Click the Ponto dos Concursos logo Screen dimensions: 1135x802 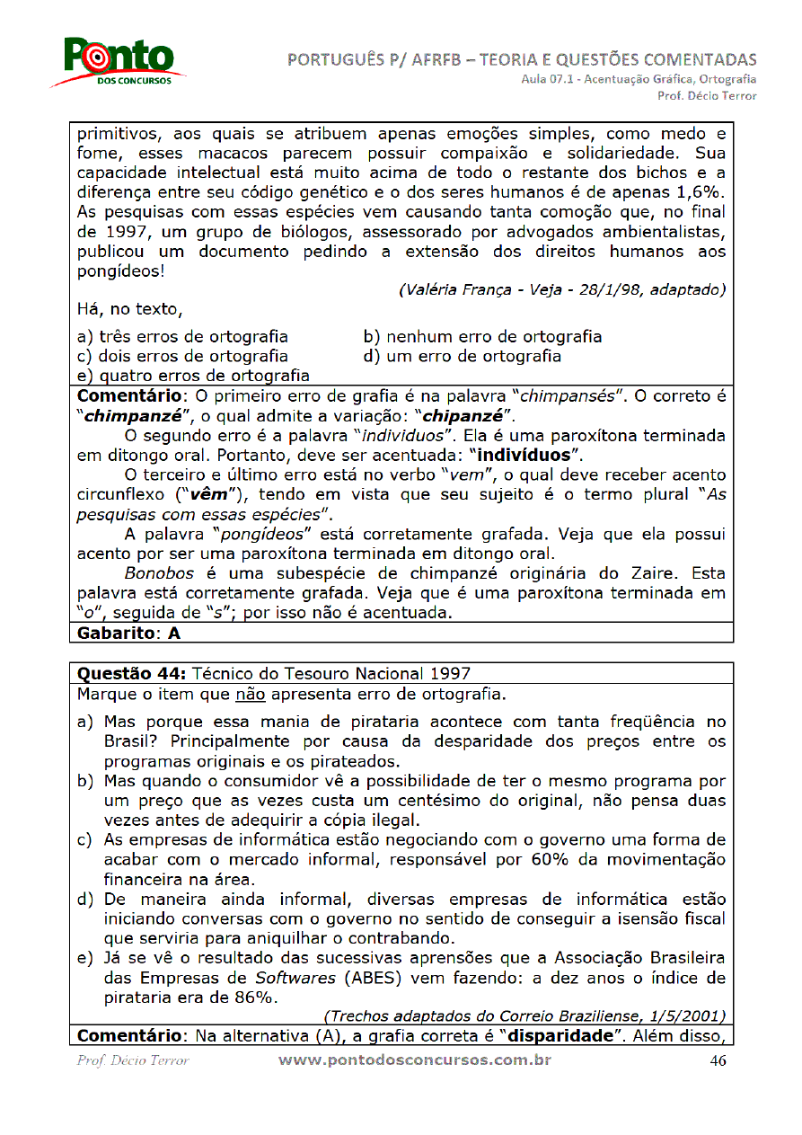[119, 63]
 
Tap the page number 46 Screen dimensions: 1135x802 [718, 1060]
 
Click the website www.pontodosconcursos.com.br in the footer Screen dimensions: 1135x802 [414, 1060]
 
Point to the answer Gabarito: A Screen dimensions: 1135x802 [129, 633]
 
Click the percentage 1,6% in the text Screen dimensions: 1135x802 [702, 192]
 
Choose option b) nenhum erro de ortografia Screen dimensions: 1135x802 [482, 337]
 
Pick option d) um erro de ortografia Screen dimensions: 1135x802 [462, 356]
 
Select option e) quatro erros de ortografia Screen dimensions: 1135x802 [193, 376]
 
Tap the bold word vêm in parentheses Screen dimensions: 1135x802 [208, 494]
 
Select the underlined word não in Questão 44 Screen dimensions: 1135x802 [249, 694]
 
